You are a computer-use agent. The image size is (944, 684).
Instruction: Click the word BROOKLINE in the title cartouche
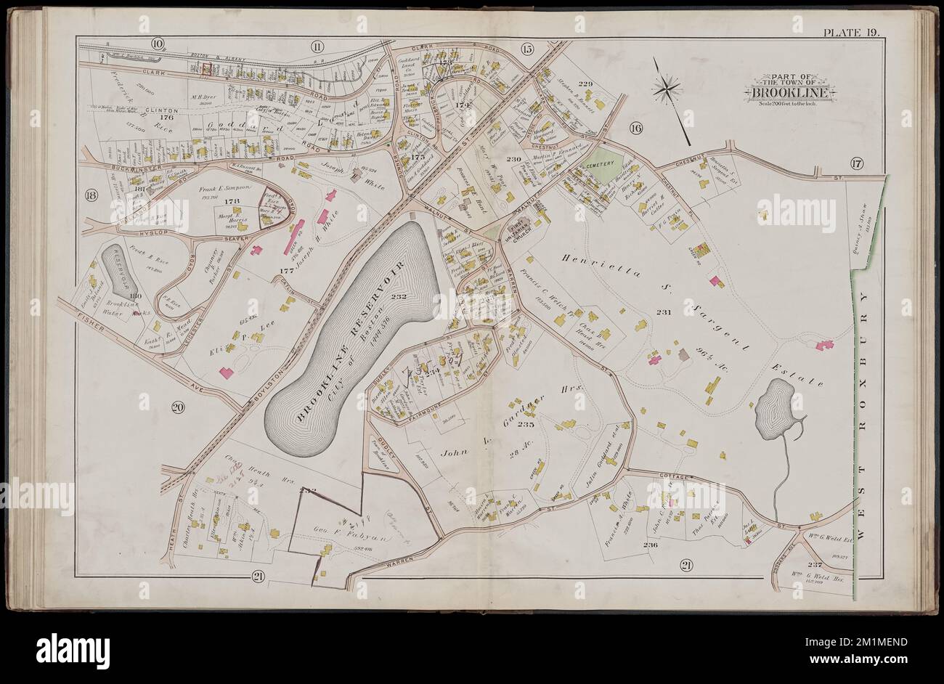(787, 93)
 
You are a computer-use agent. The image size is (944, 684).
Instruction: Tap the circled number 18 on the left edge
(91, 195)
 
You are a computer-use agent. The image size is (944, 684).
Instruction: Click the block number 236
(649, 544)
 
